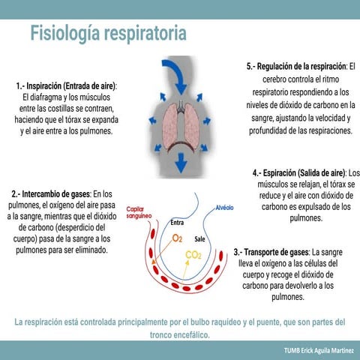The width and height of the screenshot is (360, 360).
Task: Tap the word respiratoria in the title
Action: (x=146, y=34)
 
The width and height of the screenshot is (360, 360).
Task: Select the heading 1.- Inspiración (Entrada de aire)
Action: (x=71, y=86)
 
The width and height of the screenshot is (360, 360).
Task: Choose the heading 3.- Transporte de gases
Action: (x=271, y=252)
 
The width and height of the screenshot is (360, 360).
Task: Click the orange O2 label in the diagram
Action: (x=177, y=238)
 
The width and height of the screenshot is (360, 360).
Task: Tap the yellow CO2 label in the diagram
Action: (x=193, y=256)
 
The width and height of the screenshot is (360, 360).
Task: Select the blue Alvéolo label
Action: (x=224, y=207)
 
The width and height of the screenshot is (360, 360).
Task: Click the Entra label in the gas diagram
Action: (x=177, y=223)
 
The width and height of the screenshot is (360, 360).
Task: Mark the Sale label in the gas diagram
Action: (x=200, y=238)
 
